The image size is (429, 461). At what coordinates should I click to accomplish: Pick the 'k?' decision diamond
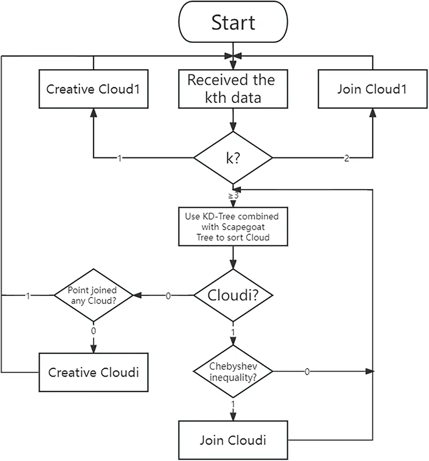233,158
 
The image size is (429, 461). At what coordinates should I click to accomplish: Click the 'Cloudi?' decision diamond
233,295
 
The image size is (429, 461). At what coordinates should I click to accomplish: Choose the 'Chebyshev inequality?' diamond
233,371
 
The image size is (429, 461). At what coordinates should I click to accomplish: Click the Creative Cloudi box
94,372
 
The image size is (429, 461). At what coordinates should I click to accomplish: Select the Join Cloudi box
233,440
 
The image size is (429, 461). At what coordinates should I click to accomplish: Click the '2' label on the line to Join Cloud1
347,158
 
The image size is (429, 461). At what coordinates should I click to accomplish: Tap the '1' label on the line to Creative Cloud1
120,158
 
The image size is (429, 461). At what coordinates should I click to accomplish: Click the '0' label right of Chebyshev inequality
307,371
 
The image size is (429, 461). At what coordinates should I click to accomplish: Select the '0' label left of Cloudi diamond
168,296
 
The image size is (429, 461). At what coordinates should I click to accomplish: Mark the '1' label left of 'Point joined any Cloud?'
28,296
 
